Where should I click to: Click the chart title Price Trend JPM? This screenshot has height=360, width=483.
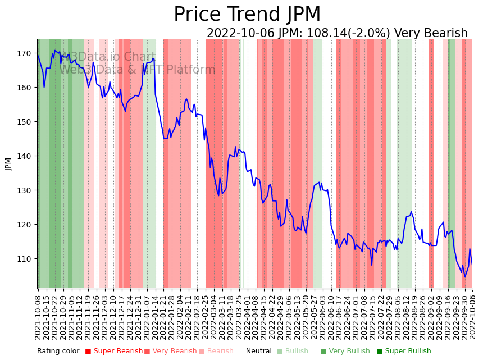tap(247, 15)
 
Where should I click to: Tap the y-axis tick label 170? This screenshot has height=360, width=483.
tap(24, 53)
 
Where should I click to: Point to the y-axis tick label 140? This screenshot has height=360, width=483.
tap(24, 156)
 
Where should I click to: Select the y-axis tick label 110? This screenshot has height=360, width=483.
tap(24, 259)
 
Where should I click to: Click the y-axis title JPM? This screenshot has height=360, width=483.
tap(8, 163)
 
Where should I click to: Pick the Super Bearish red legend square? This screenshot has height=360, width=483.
tap(88, 352)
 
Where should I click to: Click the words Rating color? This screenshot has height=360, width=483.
tap(58, 352)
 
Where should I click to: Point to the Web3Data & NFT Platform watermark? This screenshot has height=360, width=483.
tap(137, 70)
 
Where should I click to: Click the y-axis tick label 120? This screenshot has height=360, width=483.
tap(24, 225)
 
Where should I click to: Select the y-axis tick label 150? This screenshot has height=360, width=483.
tap(24, 122)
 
